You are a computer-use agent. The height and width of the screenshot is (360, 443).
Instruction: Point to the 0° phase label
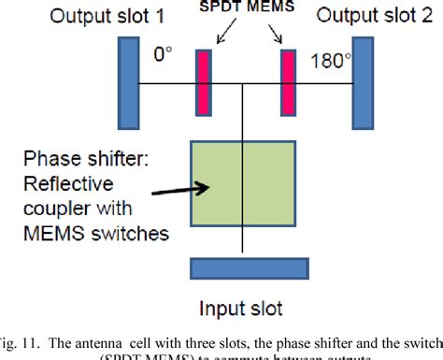164,56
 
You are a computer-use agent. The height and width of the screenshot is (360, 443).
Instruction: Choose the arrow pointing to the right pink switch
274,34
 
